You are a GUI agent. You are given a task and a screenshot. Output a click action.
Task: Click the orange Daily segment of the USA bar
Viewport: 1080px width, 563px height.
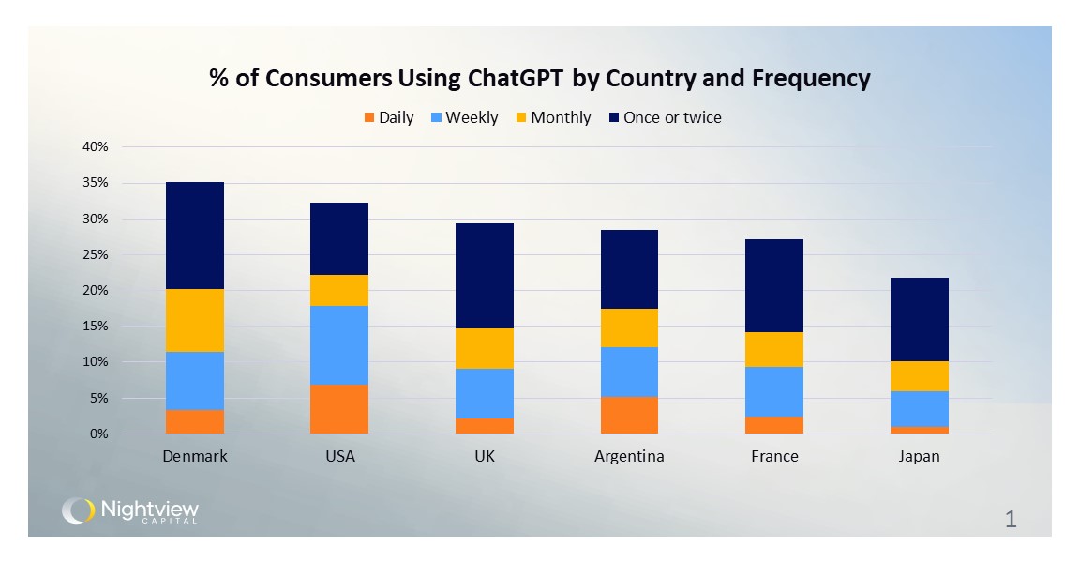pyautogui.click(x=338, y=409)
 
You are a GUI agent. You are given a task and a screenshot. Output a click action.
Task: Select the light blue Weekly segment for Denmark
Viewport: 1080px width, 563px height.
pyautogui.click(x=194, y=381)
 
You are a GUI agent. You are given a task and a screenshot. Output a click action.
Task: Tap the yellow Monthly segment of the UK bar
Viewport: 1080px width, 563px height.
pyautogui.click(x=484, y=348)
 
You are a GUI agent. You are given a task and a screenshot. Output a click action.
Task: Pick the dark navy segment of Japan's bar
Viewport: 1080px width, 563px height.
pyautogui.click(x=920, y=319)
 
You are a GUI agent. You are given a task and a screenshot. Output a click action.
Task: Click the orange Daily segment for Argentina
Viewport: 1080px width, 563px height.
pyautogui.click(x=628, y=415)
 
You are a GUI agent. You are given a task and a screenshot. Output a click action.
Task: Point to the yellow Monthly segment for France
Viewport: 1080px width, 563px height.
pyautogui.click(x=773, y=349)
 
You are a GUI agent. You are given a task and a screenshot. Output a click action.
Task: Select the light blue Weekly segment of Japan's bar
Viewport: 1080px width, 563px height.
pyautogui.click(x=920, y=409)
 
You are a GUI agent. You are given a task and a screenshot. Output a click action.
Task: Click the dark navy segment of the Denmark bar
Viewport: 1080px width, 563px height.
pyautogui.click(x=194, y=236)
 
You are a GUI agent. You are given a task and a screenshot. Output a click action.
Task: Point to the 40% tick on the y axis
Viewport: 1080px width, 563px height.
pyautogui.click(x=97, y=147)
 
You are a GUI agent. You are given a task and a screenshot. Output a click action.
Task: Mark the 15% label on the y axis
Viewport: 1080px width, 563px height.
pyautogui.click(x=97, y=327)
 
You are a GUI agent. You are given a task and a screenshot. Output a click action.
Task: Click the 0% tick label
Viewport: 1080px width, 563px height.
pyautogui.click(x=99, y=434)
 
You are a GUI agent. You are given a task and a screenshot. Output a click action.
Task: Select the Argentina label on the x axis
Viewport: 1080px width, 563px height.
pyautogui.click(x=628, y=457)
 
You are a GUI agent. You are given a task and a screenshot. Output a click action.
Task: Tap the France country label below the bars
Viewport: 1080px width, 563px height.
pyautogui.click(x=774, y=457)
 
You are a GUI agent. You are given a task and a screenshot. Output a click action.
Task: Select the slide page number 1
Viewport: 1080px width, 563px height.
pyautogui.click(x=1010, y=520)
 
